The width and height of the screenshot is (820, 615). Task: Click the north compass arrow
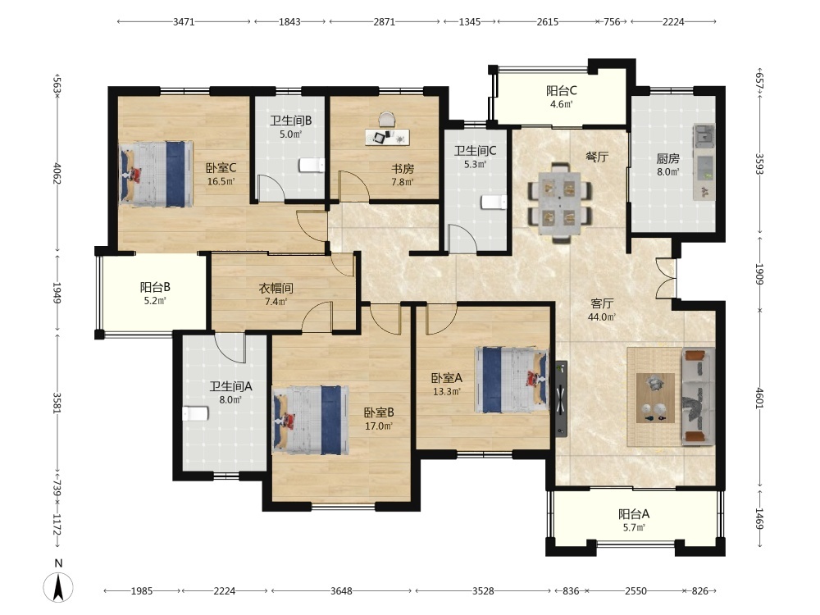(58, 587)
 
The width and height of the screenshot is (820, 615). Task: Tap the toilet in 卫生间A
(195, 413)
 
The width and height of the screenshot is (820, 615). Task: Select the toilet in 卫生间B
(312, 166)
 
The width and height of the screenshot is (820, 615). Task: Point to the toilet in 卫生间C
(494, 203)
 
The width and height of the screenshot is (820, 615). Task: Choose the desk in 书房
(387, 137)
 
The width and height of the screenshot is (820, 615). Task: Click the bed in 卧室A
(511, 380)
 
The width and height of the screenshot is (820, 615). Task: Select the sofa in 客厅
(698, 397)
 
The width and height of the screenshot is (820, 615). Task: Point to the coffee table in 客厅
(655, 398)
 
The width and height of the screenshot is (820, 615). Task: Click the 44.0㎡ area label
(602, 317)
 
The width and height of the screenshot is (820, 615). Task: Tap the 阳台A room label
(634, 514)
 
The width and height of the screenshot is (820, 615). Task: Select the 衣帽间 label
(276, 288)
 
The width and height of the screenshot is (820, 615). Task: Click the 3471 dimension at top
(184, 21)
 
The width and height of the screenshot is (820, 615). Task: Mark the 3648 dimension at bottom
(341, 591)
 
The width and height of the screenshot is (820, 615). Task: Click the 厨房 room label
(667, 158)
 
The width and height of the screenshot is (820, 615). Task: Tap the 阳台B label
(155, 287)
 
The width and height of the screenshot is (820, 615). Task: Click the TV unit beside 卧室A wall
(561, 399)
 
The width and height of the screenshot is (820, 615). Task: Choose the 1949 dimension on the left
(57, 293)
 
